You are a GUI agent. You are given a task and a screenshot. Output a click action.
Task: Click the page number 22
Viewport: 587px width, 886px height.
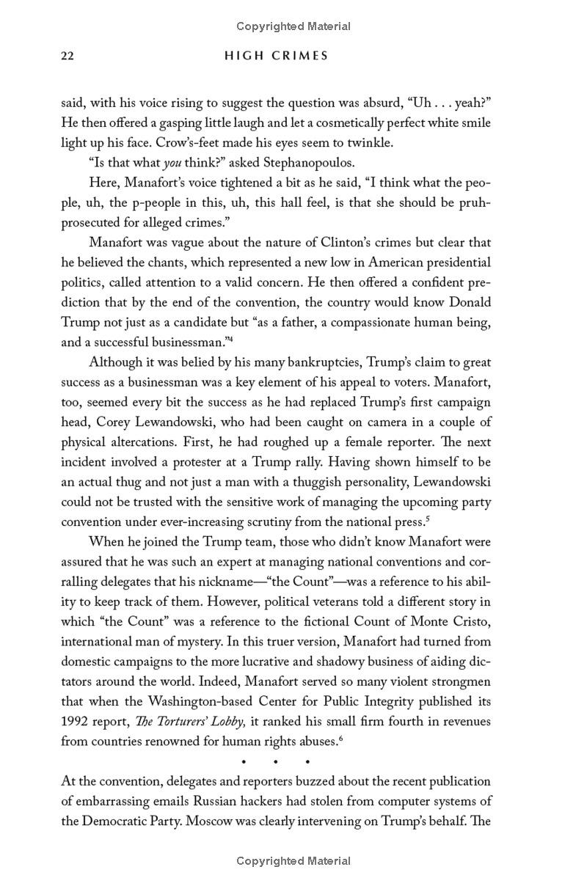coord(68,56)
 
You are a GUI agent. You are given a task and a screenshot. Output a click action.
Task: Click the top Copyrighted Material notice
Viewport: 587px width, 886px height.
coord(293,26)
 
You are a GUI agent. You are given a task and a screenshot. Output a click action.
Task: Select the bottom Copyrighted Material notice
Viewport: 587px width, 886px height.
coord(293,861)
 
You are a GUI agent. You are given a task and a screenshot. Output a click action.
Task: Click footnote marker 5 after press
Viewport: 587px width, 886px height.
coord(428,519)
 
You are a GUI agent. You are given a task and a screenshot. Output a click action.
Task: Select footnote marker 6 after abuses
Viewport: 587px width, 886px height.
coord(340,737)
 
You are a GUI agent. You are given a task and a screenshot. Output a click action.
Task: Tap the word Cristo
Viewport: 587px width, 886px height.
coord(470,622)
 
